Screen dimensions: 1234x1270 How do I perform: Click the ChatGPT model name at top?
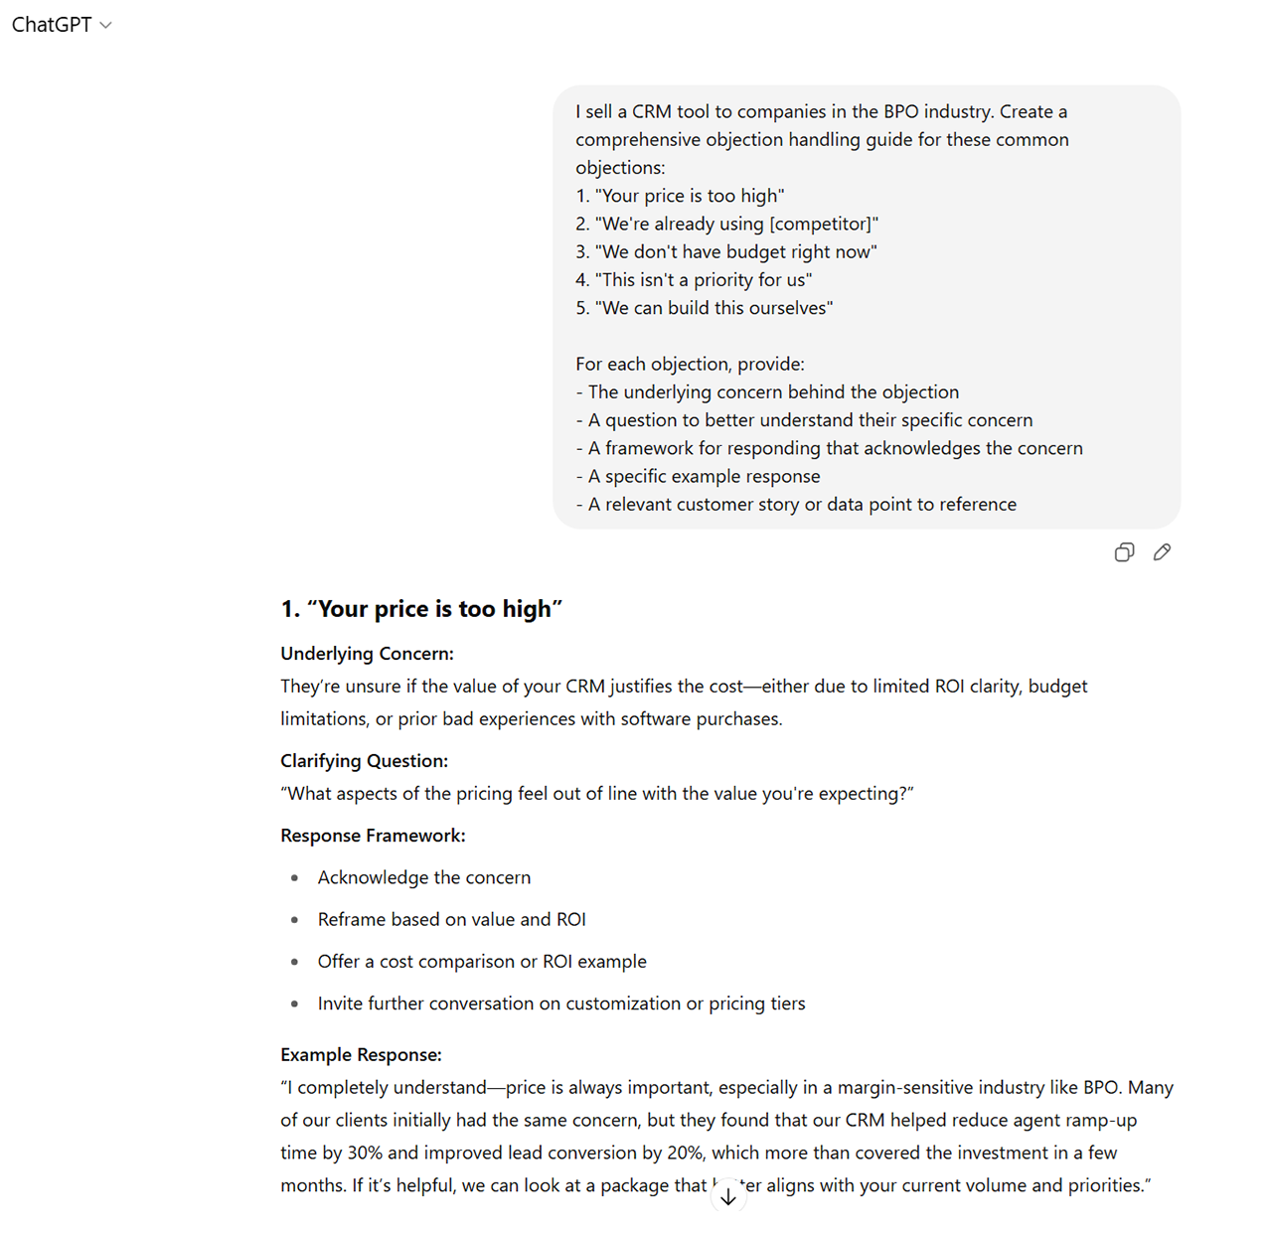52,25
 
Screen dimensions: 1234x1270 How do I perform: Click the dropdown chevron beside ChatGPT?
106,26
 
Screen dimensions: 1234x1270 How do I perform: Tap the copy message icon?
1124,552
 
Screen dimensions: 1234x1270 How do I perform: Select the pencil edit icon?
1162,552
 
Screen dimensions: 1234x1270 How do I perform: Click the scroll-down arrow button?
728,1197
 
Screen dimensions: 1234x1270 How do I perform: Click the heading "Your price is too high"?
421,609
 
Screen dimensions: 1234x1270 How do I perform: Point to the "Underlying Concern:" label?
367,654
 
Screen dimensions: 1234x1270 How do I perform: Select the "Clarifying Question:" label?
364,761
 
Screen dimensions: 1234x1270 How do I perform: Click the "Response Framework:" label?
373,836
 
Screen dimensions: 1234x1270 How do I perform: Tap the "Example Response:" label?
361,1055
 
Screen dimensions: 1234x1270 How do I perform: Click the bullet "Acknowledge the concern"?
424,877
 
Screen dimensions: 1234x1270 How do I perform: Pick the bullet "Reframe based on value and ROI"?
451,920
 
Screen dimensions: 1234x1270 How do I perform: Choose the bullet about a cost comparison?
482,962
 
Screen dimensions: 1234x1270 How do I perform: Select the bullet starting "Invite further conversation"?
561,1003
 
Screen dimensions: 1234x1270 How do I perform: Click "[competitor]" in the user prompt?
823,225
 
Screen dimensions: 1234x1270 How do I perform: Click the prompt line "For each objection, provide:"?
690,365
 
